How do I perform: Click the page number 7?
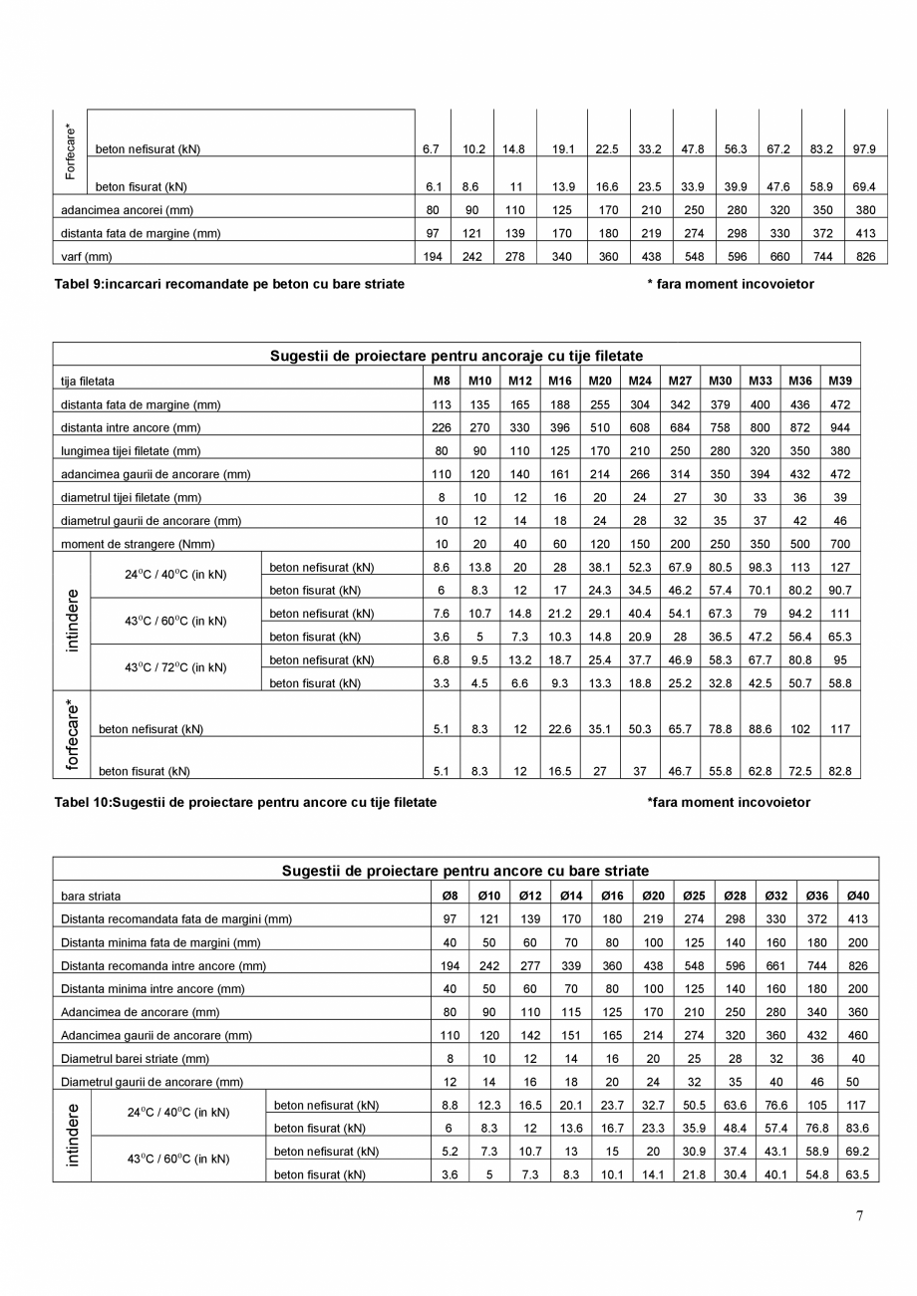click(860, 1214)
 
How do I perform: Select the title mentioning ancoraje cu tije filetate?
click(457, 356)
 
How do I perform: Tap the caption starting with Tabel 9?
click(229, 284)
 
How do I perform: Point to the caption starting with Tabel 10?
click(245, 802)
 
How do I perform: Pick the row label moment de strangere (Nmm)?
click(138, 544)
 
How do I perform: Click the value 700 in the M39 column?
click(839, 544)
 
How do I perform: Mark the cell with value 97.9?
click(864, 149)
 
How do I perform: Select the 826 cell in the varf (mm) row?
click(864, 257)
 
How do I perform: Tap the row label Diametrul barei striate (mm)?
click(136, 1058)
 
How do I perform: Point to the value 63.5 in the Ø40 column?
click(857, 1174)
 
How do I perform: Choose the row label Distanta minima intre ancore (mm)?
click(153, 988)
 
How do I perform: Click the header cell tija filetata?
click(88, 381)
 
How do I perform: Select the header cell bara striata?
click(91, 896)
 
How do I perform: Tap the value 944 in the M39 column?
click(839, 427)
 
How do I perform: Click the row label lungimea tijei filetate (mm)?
click(131, 450)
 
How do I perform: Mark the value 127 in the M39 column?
click(839, 567)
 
